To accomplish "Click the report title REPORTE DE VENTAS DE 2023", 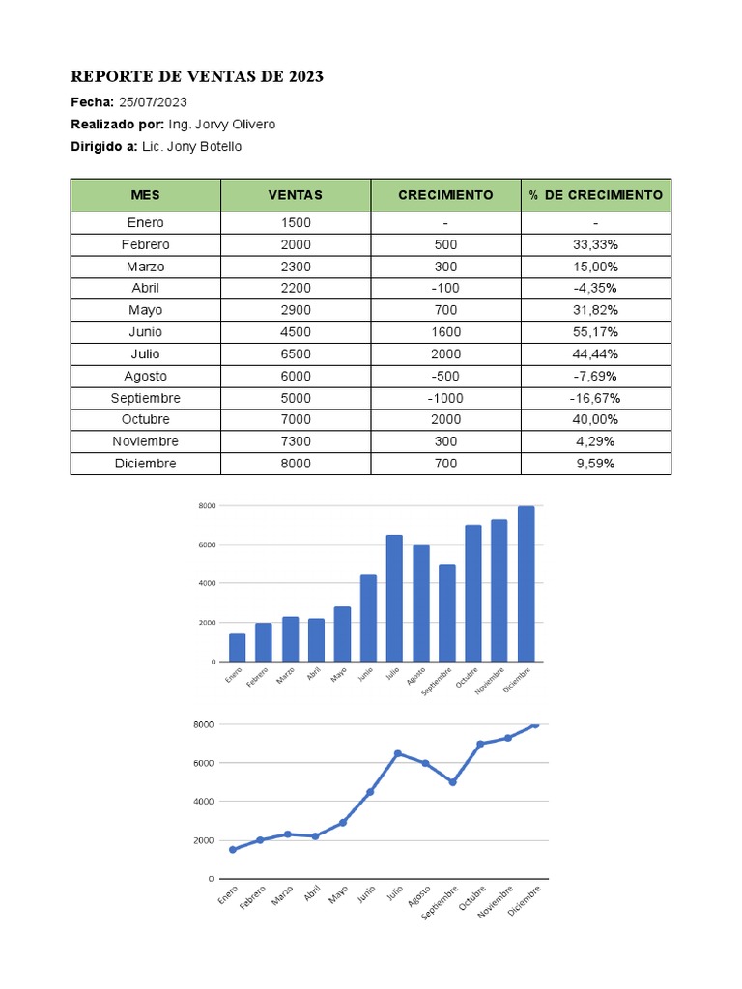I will coord(197,77).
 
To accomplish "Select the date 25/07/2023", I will coord(153,102).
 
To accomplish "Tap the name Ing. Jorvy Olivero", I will coord(221,125).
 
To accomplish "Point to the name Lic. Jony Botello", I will coord(191,147).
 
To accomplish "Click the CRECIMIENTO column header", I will coord(445,195).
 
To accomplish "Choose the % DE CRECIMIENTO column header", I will coord(596,195).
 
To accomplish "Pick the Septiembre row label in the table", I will coord(146,398).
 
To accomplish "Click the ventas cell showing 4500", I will coord(296,332).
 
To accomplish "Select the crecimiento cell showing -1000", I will coord(445,398).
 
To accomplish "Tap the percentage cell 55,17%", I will coord(596,332).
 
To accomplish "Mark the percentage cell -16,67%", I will coord(596,398).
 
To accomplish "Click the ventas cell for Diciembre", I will coord(296,464).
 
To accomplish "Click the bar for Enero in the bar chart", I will coord(237,647).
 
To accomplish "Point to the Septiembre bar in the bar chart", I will coord(446,613).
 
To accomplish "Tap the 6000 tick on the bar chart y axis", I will coord(206,545).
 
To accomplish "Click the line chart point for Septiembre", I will coord(452,782).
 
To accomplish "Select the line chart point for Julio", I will coord(397,753).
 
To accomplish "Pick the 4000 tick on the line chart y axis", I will coord(203,802).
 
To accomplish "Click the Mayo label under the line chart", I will coord(338,895).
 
